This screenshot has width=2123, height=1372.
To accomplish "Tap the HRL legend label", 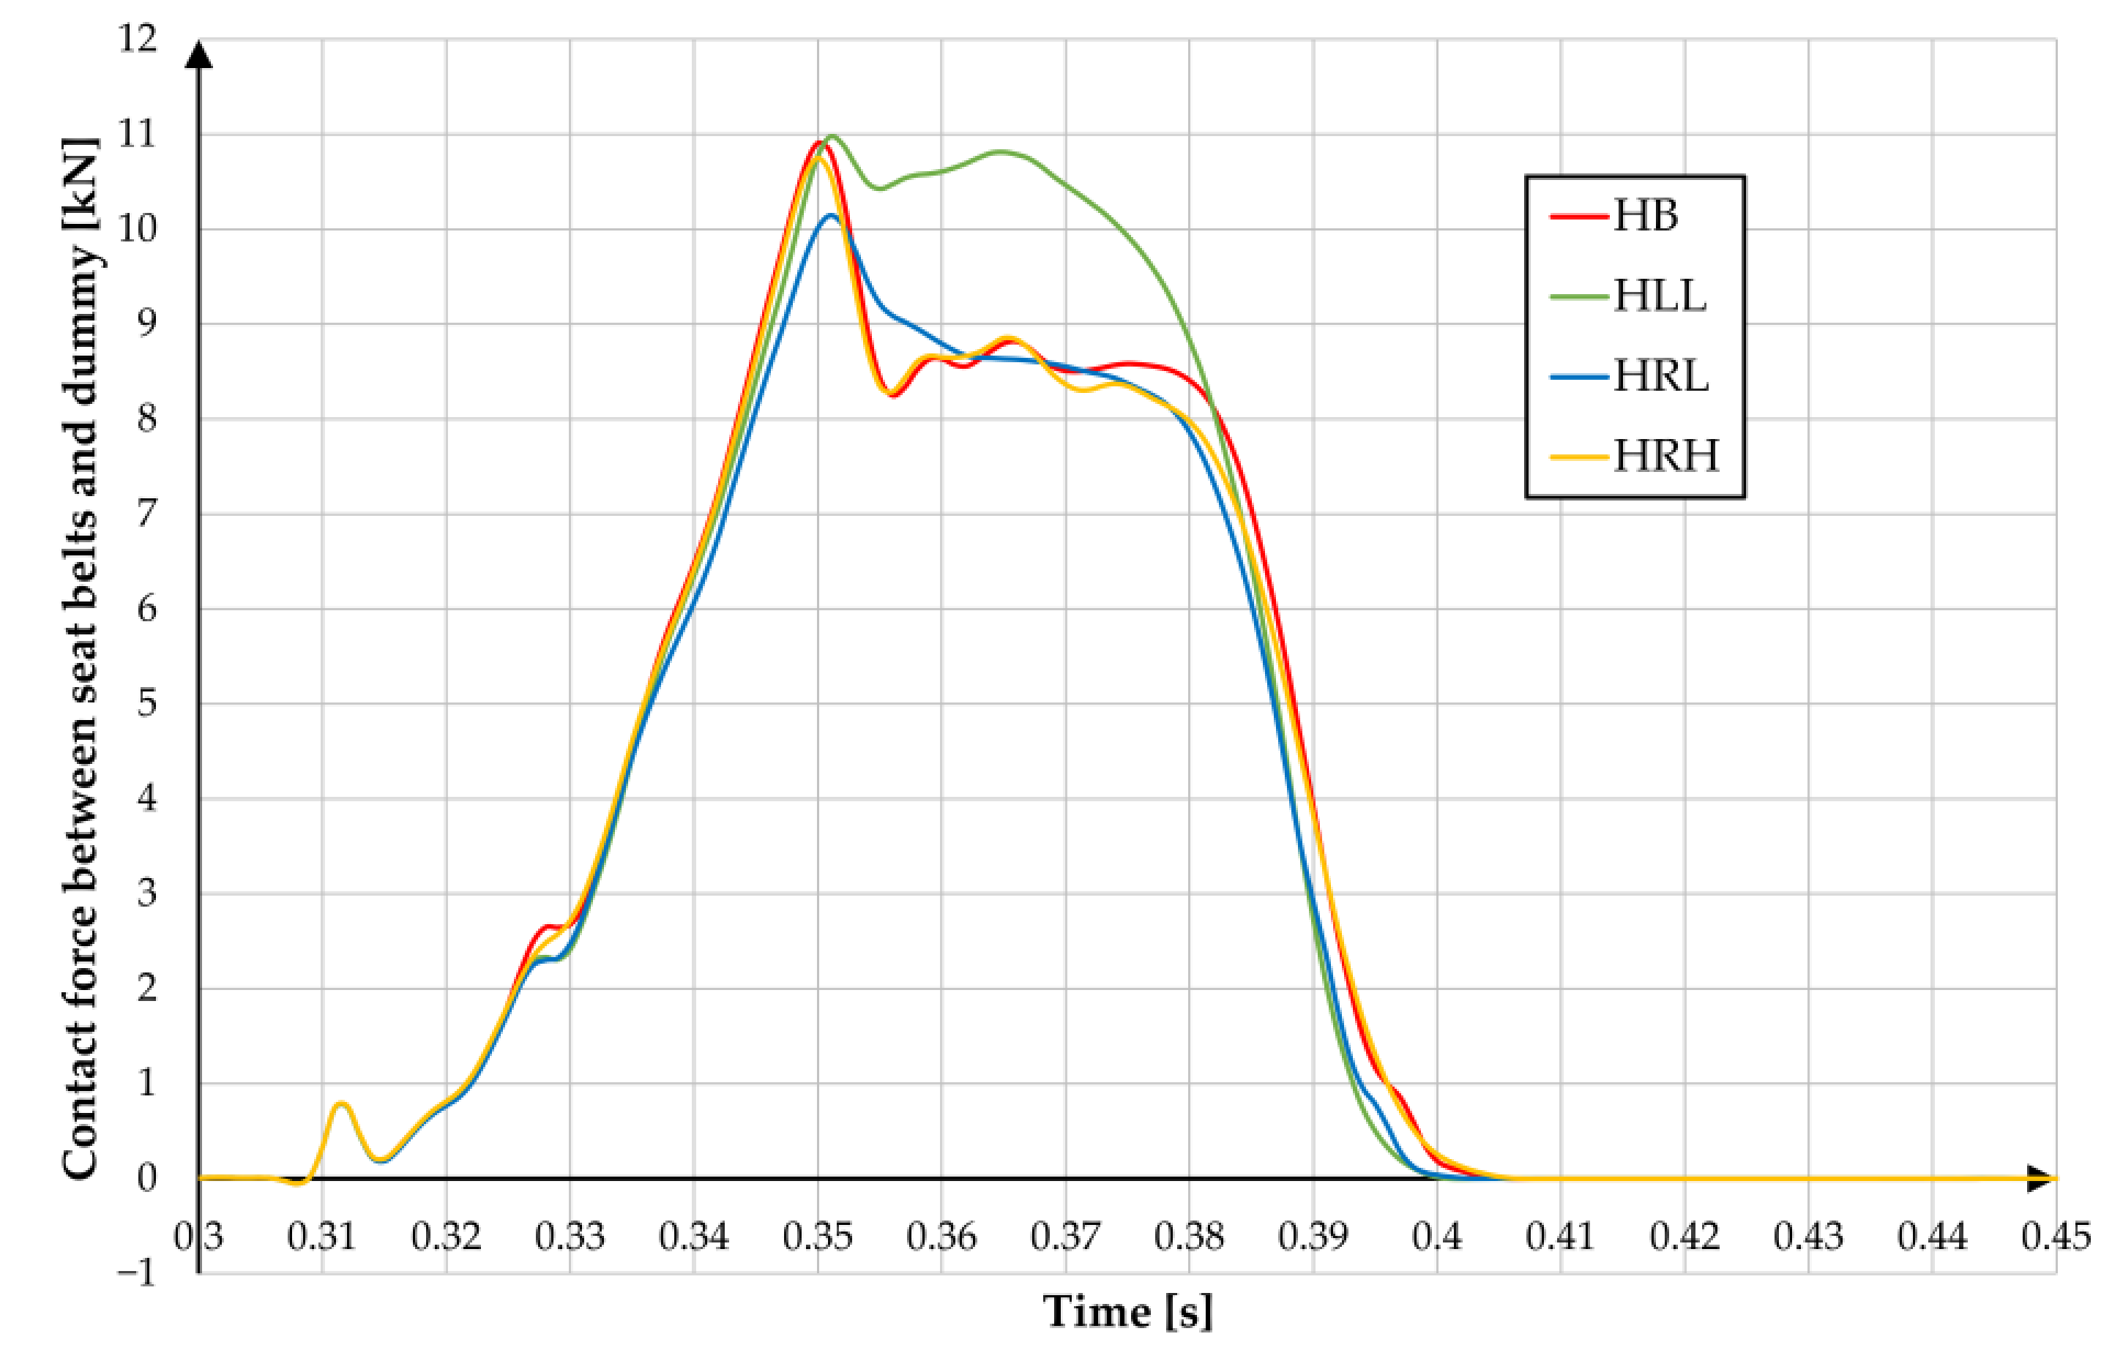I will (x=1660, y=376).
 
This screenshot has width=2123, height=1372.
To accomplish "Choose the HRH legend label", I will (x=1665, y=456).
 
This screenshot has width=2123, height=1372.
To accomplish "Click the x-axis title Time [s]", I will (x=1127, y=1311).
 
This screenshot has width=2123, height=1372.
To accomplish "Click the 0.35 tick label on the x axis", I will (x=817, y=1237).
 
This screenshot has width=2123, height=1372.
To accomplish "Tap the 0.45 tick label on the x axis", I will (x=2055, y=1237).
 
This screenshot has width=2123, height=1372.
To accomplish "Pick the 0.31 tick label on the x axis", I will (x=322, y=1237).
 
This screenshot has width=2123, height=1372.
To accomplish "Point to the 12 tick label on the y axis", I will (x=137, y=40).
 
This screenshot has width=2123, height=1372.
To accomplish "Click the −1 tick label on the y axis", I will (x=137, y=1272).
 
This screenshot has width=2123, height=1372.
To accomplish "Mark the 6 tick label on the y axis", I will (x=147, y=610).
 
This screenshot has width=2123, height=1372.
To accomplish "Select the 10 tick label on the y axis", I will (x=137, y=230).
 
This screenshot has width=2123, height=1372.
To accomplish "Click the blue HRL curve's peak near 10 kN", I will (x=832, y=216).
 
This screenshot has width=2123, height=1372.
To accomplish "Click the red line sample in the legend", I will (x=1578, y=217).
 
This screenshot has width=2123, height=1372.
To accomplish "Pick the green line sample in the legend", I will (x=1578, y=296).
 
